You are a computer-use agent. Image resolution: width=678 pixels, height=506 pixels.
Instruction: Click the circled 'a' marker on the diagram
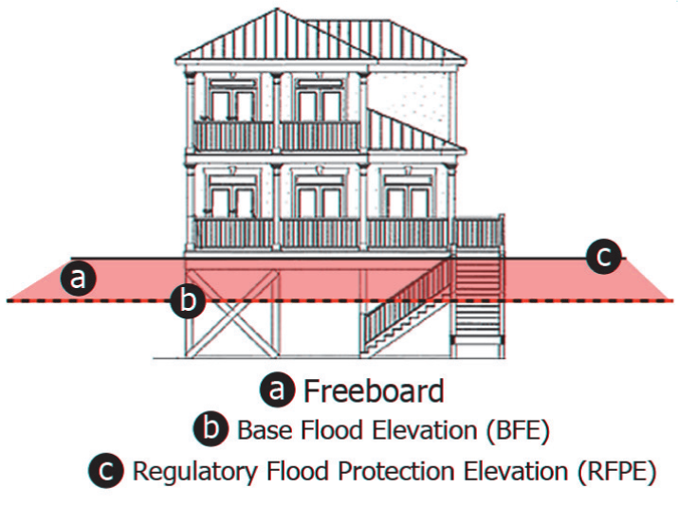79,279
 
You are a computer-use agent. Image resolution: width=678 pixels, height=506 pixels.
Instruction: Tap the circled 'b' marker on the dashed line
188,302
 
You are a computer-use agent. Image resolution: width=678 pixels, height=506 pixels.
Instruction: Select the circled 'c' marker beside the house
604,256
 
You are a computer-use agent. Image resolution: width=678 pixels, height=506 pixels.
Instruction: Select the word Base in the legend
259,430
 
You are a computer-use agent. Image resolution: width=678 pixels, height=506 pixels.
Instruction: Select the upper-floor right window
319,100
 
